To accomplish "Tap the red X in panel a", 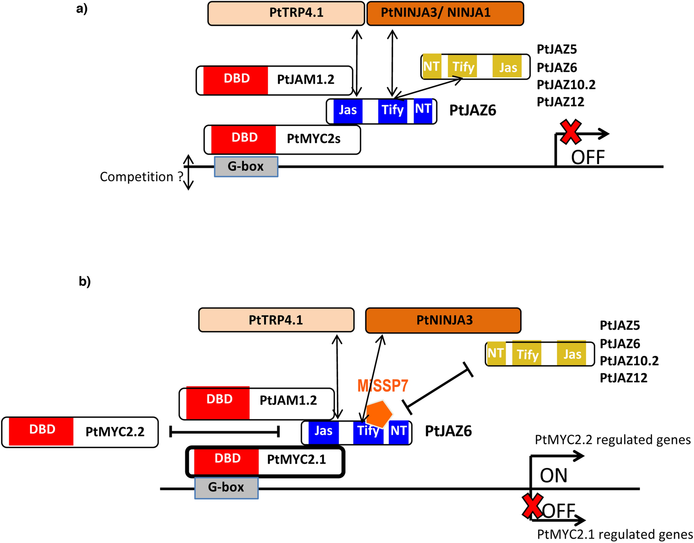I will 570,132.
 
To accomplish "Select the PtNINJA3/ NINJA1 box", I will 445,13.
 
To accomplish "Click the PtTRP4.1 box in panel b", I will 276,320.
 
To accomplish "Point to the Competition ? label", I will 141,177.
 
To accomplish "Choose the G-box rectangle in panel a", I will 246,167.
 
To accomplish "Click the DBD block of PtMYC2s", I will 244,138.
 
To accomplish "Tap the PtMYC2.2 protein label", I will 115,432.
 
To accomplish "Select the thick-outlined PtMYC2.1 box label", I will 296,459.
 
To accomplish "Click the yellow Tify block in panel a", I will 463,67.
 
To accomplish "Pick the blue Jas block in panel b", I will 323,431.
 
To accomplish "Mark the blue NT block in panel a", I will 423,110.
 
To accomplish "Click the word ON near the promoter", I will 553,476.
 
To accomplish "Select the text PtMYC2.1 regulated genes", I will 615,534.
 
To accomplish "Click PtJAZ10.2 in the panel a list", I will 566,85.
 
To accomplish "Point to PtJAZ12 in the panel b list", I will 624,378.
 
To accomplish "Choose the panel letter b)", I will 85,281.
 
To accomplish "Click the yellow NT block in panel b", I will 495,353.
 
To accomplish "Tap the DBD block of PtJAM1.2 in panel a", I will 236,79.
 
